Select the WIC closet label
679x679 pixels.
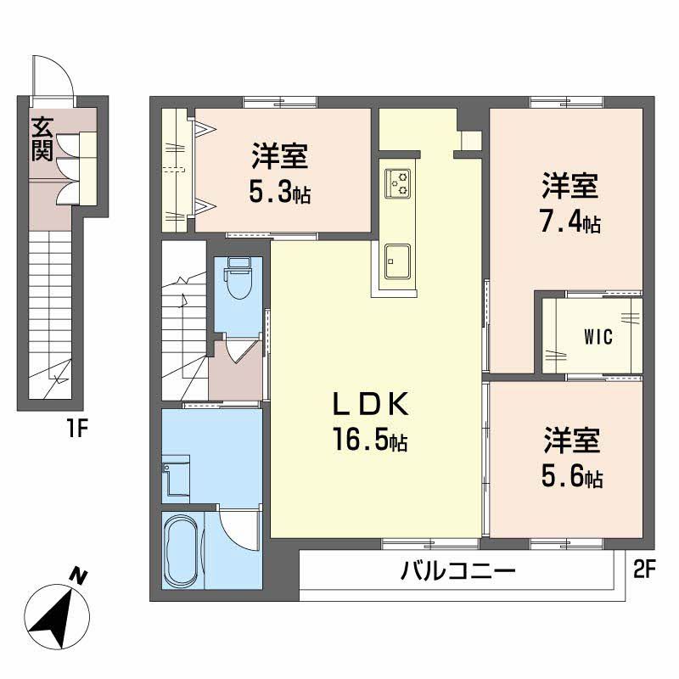pyautogui.click(x=598, y=334)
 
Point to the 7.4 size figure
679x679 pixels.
pyautogui.click(x=570, y=222)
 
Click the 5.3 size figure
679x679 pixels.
pyautogui.click(x=279, y=193)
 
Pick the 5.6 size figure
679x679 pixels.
pyautogui.click(x=571, y=477)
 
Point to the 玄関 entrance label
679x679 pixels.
pyautogui.click(x=42, y=139)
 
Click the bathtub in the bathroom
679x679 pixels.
pyautogui.click(x=181, y=552)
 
